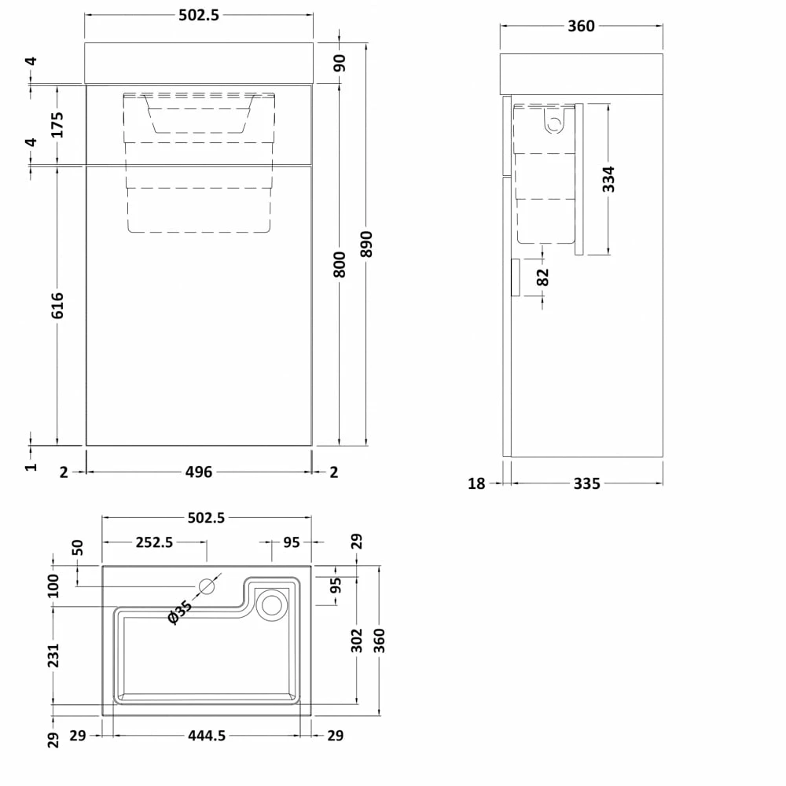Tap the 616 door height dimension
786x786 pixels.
click(x=57, y=305)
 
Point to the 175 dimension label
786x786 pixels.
click(x=57, y=124)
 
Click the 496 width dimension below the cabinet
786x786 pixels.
click(x=199, y=472)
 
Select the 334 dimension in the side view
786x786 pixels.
click(x=608, y=179)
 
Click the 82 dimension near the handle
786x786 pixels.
click(x=543, y=277)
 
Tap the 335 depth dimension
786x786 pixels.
click(x=586, y=483)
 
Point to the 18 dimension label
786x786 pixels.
click(x=476, y=483)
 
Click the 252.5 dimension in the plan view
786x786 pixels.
click(x=155, y=542)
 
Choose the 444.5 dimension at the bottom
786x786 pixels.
click(x=208, y=736)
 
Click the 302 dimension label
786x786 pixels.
click(x=357, y=639)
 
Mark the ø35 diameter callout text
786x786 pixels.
click(x=179, y=612)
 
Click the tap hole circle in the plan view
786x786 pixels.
click(x=208, y=586)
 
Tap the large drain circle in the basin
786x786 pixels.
click(x=273, y=604)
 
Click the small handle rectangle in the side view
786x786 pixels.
click(x=515, y=277)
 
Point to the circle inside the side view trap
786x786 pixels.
click(x=556, y=123)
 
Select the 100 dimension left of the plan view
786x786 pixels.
click(x=53, y=584)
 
